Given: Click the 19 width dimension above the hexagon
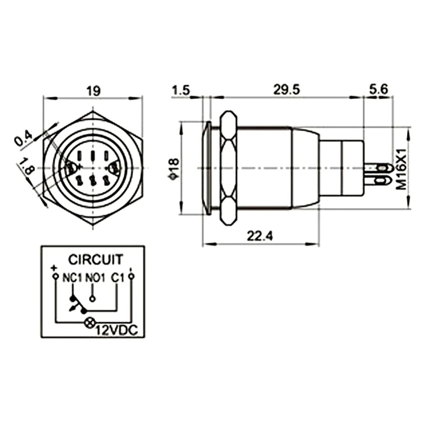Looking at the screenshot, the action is [x=94, y=91].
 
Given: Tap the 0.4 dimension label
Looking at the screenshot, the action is [x=23, y=138].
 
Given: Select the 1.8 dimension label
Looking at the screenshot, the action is [x=26, y=167].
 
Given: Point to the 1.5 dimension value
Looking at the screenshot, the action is [x=181, y=90].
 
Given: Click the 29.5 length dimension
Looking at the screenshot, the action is [x=287, y=90].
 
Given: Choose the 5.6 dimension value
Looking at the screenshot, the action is [x=378, y=89].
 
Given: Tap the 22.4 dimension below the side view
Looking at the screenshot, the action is [x=260, y=236].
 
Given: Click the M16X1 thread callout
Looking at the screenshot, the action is [x=401, y=169].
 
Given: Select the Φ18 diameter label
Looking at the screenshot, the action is [x=174, y=169].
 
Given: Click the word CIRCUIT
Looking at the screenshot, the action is [x=96, y=260].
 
